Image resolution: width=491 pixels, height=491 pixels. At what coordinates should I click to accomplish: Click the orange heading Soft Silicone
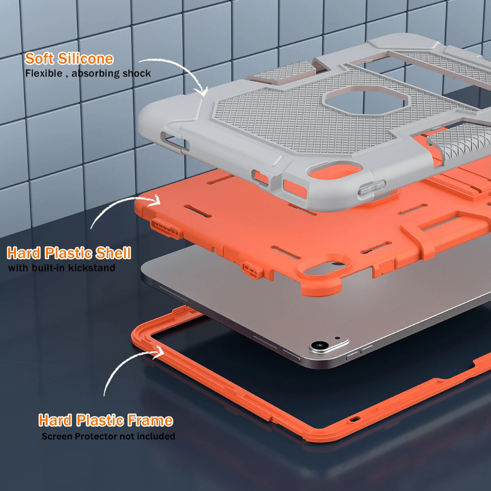tap(69, 59)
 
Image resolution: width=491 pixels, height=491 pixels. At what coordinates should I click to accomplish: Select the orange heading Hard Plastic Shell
tap(69, 253)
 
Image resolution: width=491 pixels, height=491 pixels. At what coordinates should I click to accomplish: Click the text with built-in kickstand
tap(61, 268)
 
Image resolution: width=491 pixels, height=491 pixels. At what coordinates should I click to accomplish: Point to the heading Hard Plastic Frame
tap(106, 421)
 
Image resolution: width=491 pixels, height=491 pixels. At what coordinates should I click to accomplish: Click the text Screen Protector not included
tap(108, 436)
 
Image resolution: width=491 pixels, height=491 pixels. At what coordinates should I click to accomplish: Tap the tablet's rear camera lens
tap(320, 346)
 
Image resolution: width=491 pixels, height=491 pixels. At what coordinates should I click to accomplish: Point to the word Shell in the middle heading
tap(113, 253)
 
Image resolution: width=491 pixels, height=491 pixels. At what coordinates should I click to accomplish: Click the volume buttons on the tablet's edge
tap(361, 352)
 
